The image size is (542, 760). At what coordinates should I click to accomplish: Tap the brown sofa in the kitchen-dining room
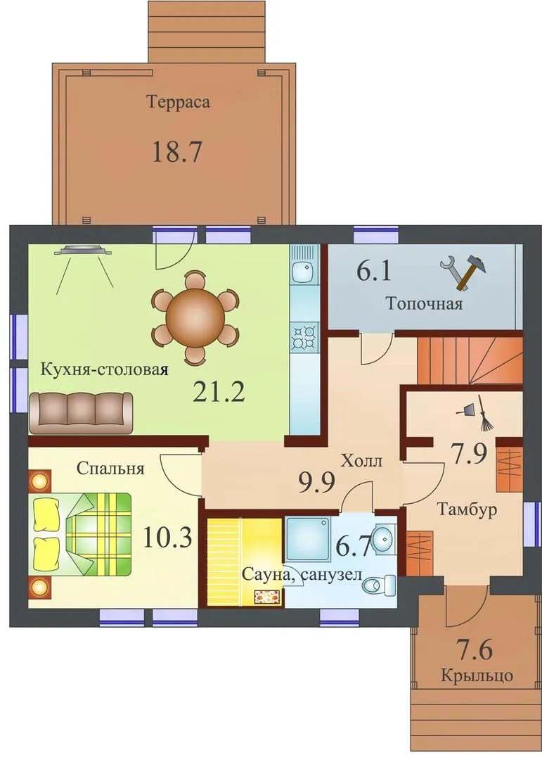point(81,412)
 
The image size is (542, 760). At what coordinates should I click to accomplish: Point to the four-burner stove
point(304,337)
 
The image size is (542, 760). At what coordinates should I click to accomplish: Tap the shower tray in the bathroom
point(308,539)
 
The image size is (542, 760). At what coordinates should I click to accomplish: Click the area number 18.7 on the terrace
point(176,152)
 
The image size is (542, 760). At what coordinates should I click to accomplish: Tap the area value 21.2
point(219,392)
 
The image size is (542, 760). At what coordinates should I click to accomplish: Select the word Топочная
point(424,303)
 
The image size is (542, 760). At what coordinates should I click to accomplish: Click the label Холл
point(361,460)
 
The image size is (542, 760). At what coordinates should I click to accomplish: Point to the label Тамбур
point(467,509)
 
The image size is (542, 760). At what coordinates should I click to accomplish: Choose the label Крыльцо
point(477,675)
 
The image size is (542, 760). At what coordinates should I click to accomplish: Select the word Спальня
point(110,469)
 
